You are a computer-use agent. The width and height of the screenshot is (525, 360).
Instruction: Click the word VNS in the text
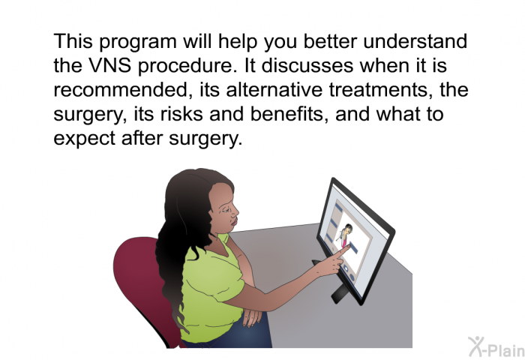(110, 65)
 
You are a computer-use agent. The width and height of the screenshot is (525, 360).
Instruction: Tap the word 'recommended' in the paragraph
(124, 90)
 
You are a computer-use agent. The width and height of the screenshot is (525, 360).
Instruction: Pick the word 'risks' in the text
(181, 114)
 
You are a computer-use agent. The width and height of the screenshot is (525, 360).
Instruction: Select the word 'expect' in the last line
(84, 139)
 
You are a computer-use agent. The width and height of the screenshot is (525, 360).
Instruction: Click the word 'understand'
(415, 41)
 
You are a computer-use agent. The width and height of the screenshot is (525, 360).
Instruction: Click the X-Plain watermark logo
(496, 346)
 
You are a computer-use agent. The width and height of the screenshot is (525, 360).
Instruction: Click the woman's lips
(234, 221)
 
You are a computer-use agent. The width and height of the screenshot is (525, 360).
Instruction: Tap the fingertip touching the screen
(348, 247)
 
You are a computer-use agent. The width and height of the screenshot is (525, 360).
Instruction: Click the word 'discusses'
(307, 65)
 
